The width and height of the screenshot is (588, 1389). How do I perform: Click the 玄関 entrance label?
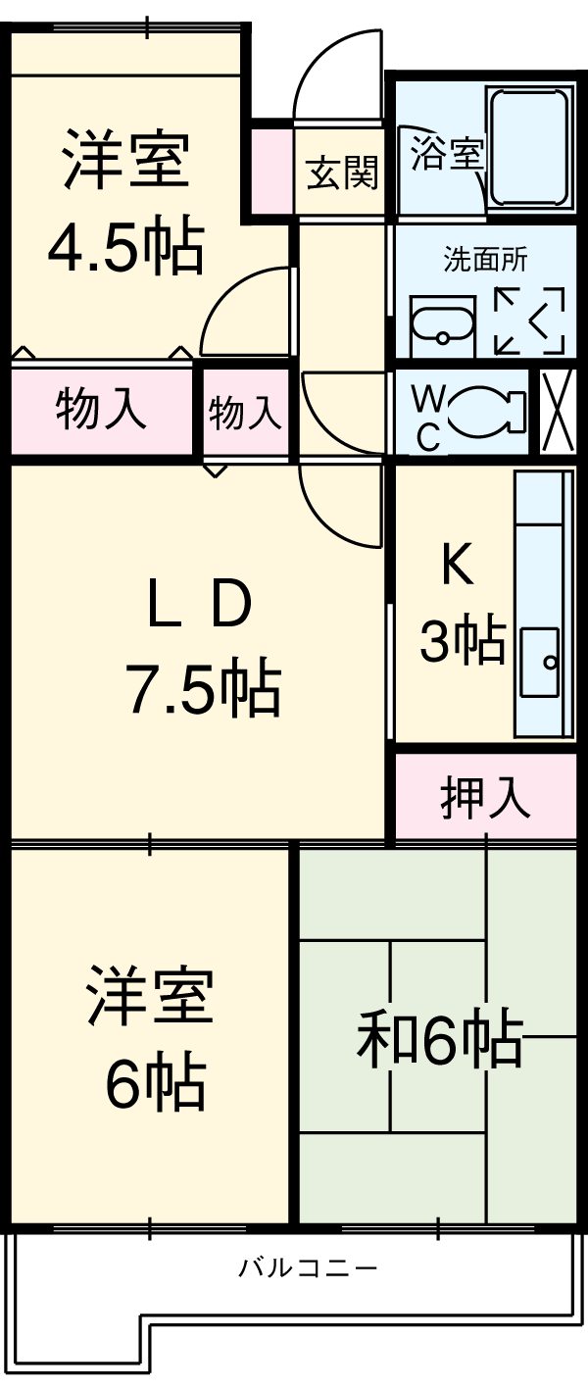point(341,174)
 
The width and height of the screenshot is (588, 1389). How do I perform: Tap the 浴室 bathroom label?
point(446,155)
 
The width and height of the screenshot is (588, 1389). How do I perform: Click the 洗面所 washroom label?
point(485,261)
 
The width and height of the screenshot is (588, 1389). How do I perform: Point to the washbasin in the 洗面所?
point(442,323)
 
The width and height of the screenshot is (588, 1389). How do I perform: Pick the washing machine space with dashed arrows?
point(529,320)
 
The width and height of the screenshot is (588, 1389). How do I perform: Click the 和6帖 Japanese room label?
point(438,1039)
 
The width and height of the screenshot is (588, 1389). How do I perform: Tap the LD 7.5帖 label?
point(201,647)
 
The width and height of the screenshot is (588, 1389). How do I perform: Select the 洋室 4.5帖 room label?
point(125,201)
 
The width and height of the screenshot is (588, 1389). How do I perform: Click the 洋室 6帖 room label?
point(152,1039)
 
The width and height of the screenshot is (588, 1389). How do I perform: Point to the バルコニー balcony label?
point(308,1267)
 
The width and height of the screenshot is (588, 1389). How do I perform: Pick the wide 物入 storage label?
point(101,409)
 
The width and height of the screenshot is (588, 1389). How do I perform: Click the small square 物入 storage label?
point(245,413)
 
